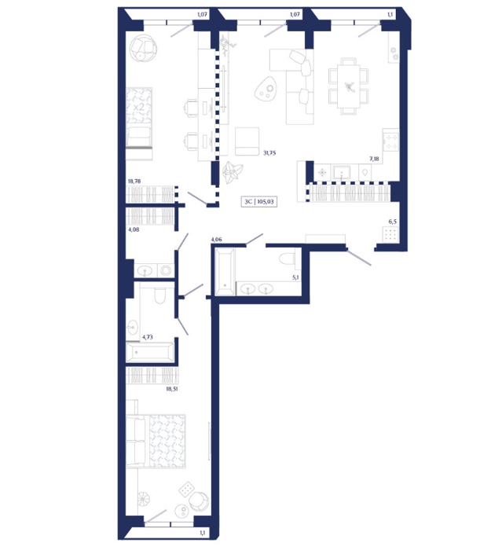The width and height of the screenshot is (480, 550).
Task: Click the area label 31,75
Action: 269,153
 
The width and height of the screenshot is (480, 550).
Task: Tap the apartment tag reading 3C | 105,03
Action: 259,202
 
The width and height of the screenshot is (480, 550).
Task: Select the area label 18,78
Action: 134,181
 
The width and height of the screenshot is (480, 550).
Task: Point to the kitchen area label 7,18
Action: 374,159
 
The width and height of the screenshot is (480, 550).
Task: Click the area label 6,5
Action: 392,222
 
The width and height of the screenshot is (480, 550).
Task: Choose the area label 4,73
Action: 147,337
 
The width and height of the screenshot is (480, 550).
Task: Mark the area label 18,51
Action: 172,389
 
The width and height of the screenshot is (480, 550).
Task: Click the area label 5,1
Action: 295,277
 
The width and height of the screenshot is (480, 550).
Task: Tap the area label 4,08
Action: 134,229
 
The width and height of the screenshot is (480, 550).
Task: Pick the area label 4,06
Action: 216,240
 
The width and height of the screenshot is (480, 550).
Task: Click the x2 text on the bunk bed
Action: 139,107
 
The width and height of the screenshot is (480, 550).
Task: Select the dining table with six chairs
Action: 349,86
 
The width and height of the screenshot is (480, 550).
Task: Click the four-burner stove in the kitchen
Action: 391,141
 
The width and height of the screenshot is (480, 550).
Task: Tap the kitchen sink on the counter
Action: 342,173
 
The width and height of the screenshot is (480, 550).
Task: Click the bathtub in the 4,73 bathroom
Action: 150,351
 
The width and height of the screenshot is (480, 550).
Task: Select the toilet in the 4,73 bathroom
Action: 160,295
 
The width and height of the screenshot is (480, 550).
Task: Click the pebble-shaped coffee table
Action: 265,89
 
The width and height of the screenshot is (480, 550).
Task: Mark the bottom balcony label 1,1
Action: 203,533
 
